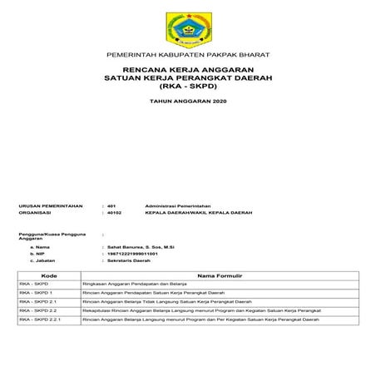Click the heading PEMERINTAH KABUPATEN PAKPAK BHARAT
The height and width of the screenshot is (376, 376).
187,55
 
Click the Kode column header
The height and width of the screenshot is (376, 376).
48,275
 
